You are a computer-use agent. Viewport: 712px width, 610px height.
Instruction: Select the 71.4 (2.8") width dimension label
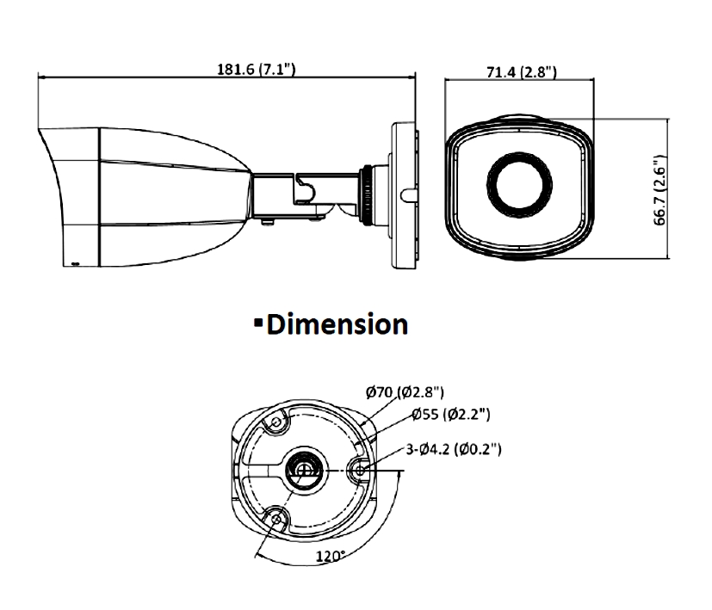click(x=519, y=71)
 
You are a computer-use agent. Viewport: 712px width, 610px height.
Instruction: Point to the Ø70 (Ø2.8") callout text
click(x=405, y=393)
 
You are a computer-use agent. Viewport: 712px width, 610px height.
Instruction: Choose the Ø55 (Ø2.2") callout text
click(x=451, y=416)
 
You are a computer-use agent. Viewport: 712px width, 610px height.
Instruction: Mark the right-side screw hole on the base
click(x=359, y=470)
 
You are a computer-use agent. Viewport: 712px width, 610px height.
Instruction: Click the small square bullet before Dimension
click(x=257, y=322)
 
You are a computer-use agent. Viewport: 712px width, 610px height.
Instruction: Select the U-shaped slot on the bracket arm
click(x=303, y=189)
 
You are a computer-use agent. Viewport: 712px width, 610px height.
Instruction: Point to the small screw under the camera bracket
click(x=266, y=221)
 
